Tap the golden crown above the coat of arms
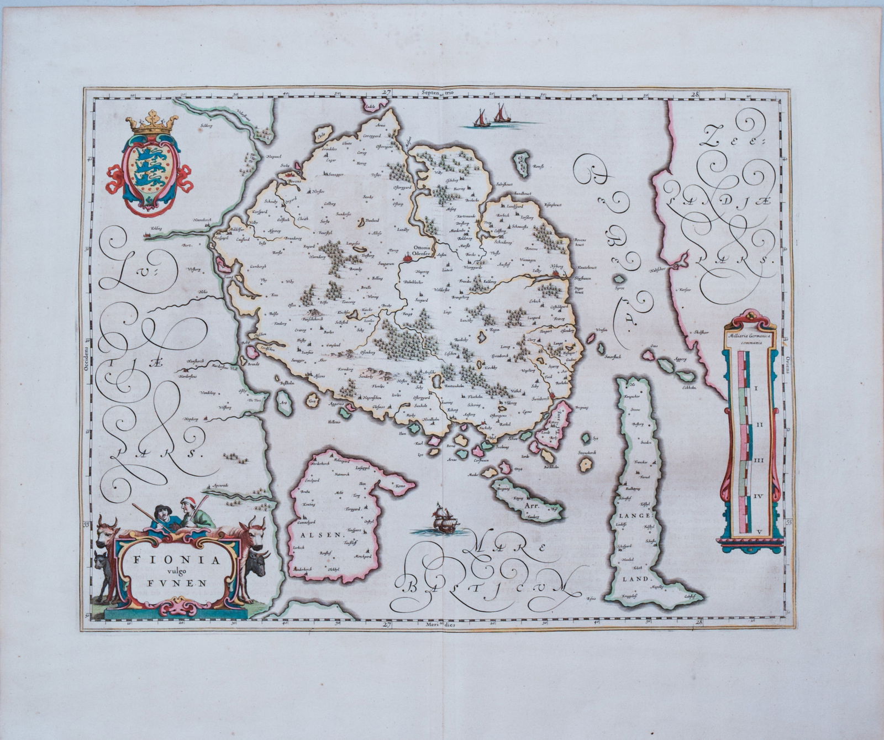151,124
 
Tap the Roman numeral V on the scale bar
760,531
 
